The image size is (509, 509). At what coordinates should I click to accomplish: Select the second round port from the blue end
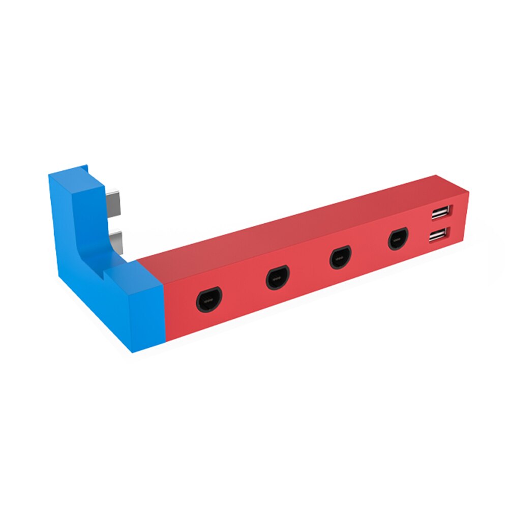tap(278, 278)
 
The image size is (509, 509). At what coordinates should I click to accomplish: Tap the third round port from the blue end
tap(340, 257)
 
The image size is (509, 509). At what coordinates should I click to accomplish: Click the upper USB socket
tap(440, 213)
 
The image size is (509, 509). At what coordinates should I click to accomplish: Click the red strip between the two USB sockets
tap(440, 224)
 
